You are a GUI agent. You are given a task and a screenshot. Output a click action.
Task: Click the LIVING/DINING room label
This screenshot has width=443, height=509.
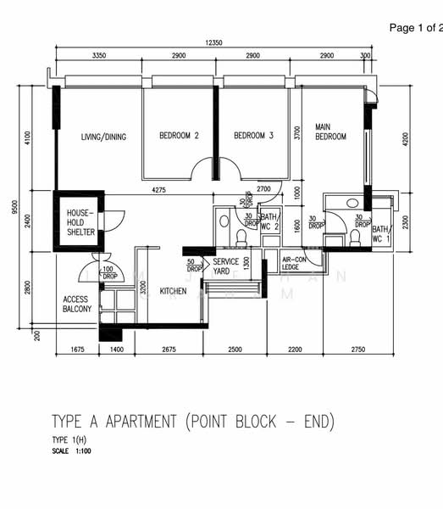(x=103, y=137)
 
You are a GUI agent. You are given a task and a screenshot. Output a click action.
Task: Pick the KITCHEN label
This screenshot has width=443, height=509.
(x=173, y=292)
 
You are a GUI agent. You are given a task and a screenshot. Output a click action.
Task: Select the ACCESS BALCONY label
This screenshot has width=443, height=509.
(x=77, y=304)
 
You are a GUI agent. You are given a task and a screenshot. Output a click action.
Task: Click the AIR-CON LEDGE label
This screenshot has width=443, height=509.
(x=293, y=263)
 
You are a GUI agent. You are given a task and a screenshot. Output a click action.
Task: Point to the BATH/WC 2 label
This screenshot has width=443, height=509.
(x=269, y=222)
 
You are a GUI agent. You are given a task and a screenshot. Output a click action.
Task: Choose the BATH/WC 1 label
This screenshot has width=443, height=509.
(x=381, y=234)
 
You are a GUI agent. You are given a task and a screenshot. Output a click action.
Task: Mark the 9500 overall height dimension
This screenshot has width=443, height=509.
(x=14, y=207)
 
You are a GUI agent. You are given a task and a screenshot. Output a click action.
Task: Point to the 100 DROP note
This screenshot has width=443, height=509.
(x=109, y=272)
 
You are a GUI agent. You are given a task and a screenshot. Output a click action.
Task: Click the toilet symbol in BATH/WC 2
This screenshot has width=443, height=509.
(x=224, y=221)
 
